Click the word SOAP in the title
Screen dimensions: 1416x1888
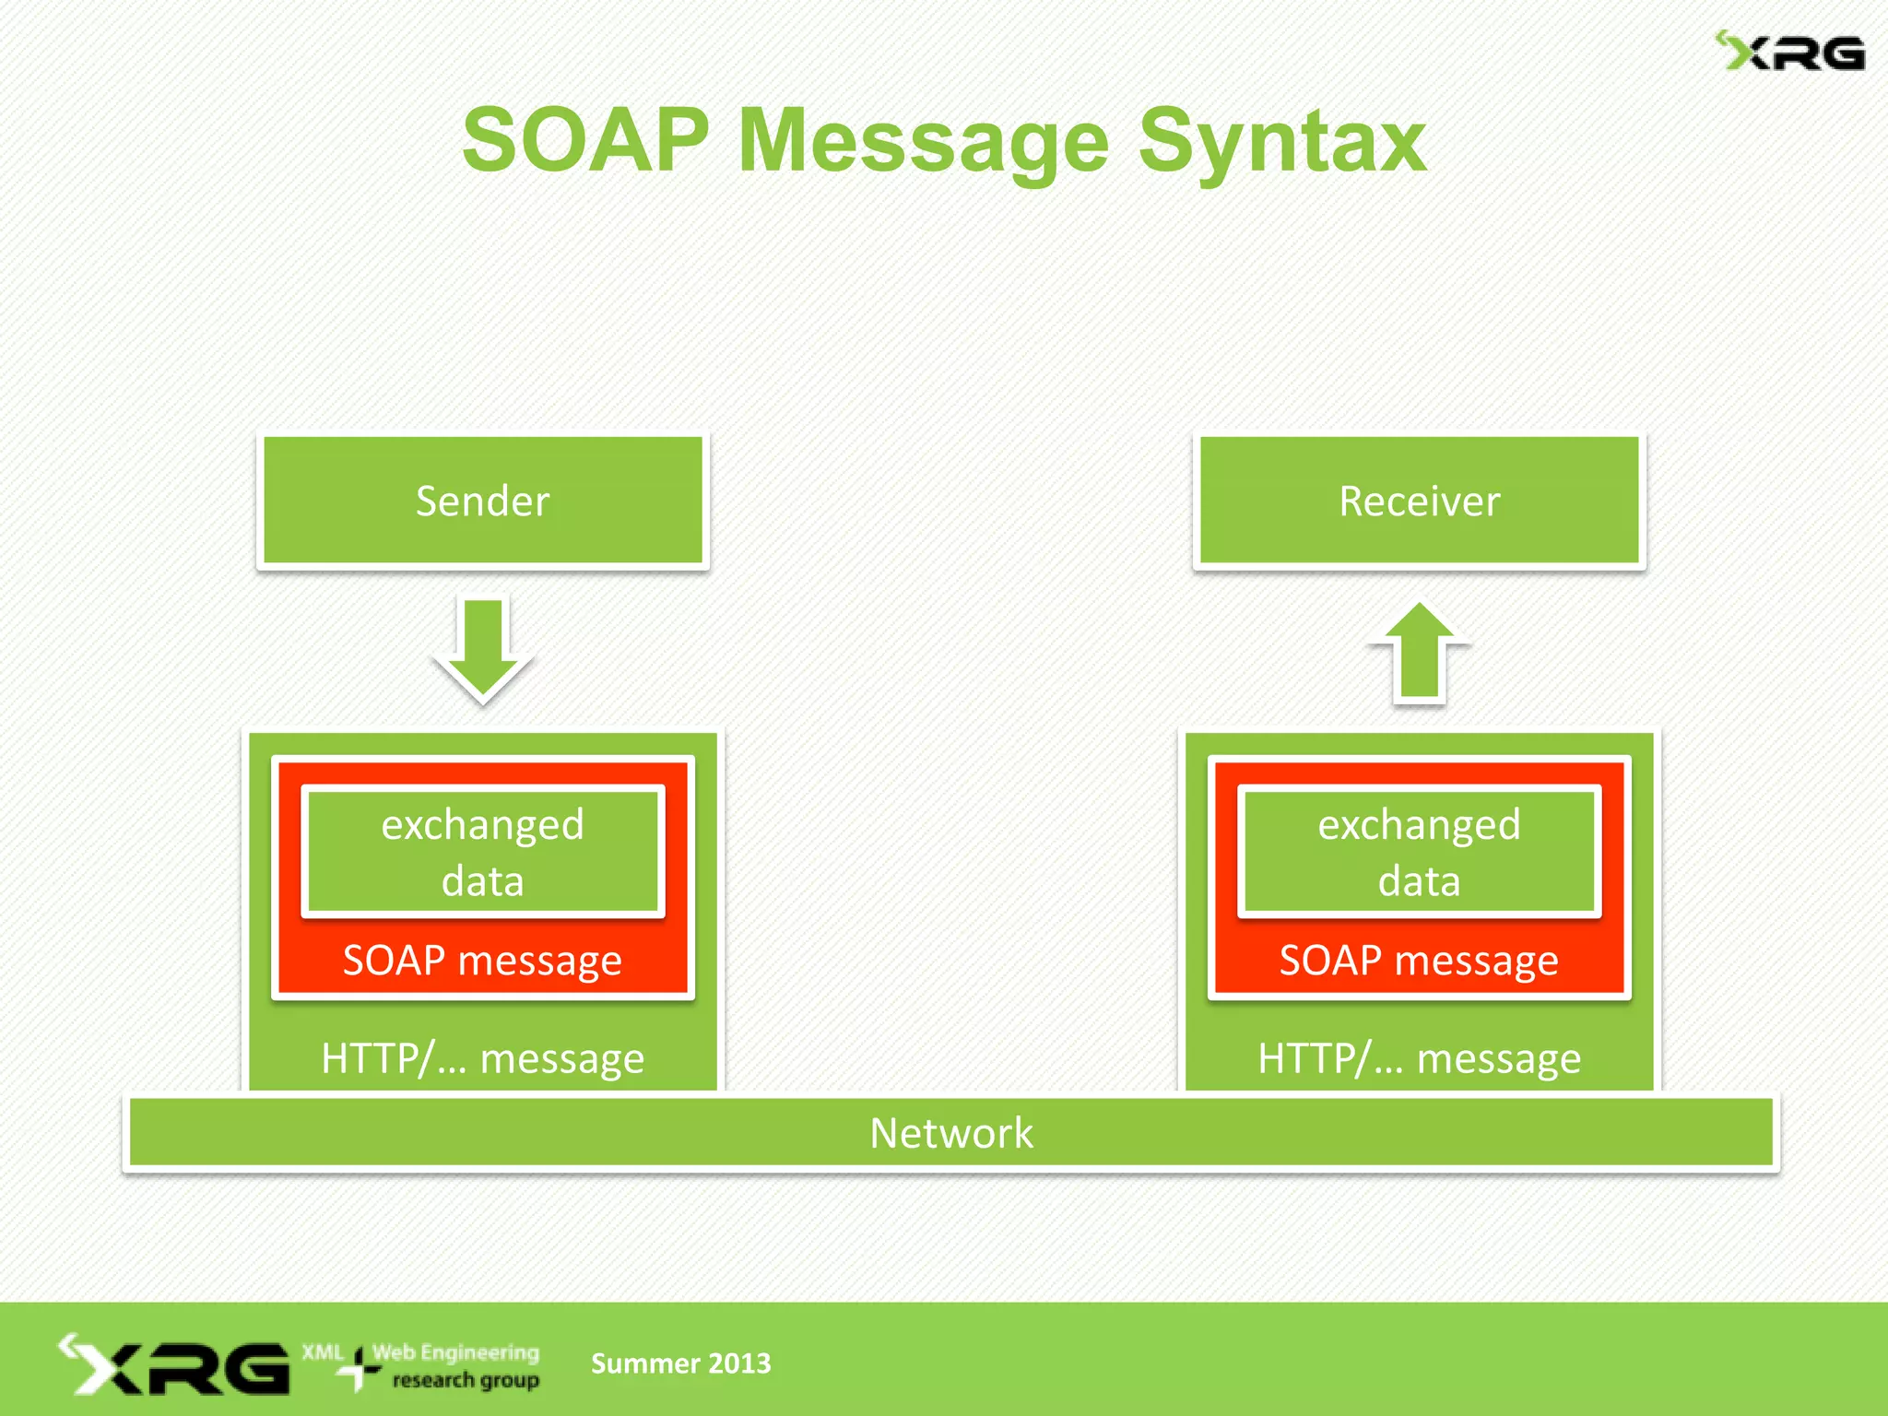click(x=585, y=140)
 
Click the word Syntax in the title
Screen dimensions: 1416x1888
click(x=1282, y=140)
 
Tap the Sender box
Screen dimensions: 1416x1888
click(x=482, y=501)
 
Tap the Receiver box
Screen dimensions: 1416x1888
click(x=1419, y=501)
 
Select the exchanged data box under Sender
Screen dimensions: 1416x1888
click(x=482, y=852)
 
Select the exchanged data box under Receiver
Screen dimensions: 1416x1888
click(x=1419, y=852)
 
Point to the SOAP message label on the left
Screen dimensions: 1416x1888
click(x=482, y=961)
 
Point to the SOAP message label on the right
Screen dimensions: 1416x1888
click(x=1419, y=961)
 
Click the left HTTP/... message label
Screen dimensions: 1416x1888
click(x=482, y=1058)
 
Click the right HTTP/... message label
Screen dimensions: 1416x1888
click(x=1419, y=1058)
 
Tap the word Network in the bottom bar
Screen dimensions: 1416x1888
click(x=951, y=1133)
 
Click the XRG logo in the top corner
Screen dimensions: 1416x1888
click(x=1790, y=53)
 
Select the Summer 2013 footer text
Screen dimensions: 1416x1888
click(x=680, y=1363)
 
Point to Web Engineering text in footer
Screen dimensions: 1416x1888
click(x=455, y=1352)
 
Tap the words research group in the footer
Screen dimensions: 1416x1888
click(x=466, y=1380)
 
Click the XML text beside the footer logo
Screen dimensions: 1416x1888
click(x=322, y=1352)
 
